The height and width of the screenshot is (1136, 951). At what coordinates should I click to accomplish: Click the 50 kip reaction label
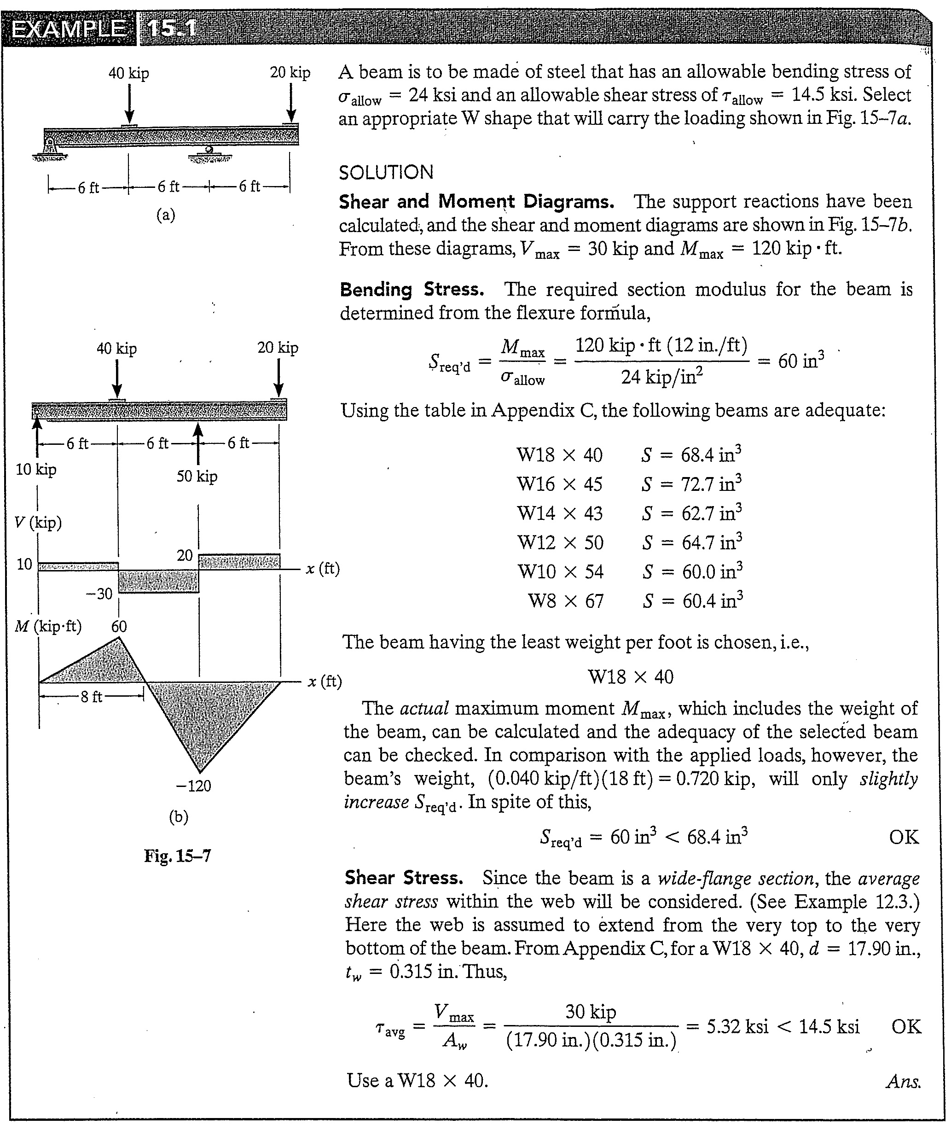[197, 477]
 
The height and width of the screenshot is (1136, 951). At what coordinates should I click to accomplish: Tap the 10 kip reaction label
[36, 470]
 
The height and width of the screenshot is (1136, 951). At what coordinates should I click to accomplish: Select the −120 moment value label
[193, 786]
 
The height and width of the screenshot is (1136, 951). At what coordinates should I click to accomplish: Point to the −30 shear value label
[99, 594]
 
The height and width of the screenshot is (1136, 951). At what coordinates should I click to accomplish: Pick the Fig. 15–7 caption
[177, 856]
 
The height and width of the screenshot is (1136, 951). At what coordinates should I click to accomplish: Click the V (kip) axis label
[38, 523]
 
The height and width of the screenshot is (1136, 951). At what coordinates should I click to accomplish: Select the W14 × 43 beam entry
[560, 513]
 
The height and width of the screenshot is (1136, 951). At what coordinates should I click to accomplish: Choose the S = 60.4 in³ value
[693, 601]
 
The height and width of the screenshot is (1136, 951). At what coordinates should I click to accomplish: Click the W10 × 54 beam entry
[560, 572]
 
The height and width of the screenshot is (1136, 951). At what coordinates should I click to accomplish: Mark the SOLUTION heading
[386, 173]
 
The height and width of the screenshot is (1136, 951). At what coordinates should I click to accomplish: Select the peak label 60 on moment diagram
[119, 627]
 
